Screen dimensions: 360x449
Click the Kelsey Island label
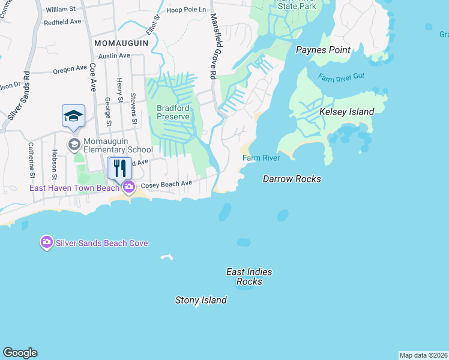(x=346, y=112)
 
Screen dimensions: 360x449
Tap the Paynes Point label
(x=323, y=50)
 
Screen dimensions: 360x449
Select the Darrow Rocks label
(x=292, y=179)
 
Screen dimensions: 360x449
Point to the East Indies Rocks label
(x=249, y=277)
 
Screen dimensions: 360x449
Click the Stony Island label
(x=200, y=300)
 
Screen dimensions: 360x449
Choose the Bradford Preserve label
(x=173, y=112)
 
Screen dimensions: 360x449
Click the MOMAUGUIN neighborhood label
(x=118, y=44)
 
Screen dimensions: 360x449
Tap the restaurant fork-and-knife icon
(x=119, y=167)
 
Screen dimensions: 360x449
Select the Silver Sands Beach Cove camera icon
(x=46, y=242)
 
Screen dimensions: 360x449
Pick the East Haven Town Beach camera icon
(x=129, y=188)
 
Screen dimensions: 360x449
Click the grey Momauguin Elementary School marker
(x=74, y=143)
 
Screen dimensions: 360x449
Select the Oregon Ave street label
(x=71, y=70)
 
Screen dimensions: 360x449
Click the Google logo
(x=20, y=353)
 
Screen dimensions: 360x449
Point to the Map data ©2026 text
(x=423, y=355)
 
